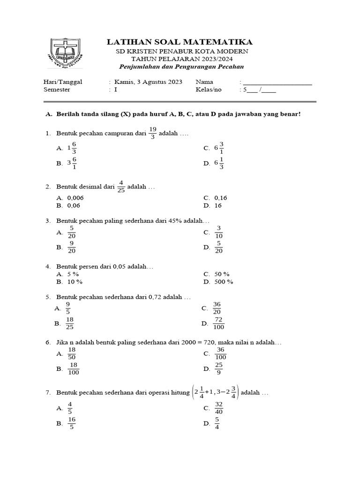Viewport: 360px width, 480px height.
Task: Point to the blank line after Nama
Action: [277, 82]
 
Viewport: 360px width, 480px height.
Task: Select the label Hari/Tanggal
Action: [62, 82]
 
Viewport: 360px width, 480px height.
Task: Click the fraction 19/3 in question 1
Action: [153, 133]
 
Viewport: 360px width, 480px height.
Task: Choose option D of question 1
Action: [218, 163]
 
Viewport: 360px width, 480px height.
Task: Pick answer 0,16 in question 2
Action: [221, 198]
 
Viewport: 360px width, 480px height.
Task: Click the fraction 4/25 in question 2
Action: [121, 187]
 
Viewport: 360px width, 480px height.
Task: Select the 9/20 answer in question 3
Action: [72, 247]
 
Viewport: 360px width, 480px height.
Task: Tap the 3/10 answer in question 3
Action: [218, 232]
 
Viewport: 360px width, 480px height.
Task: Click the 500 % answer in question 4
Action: [223, 282]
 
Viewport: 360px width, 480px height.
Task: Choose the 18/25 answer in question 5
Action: [70, 323]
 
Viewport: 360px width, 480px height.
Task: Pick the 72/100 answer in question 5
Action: [218, 323]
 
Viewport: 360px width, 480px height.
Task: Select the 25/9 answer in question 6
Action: [219, 368]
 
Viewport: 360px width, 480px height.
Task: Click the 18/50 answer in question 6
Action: [72, 353]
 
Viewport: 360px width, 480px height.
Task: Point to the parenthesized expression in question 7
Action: [216, 392]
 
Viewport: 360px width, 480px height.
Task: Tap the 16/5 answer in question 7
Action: [72, 423]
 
